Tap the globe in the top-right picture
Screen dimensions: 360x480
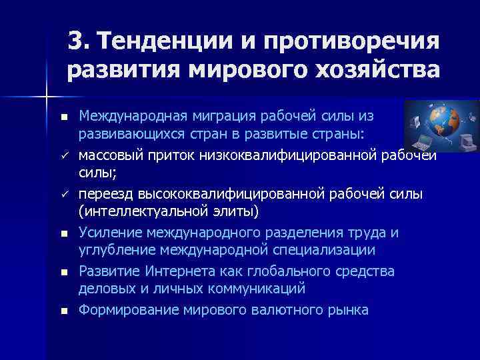[x=437, y=126]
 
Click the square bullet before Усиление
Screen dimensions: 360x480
[x=63, y=234]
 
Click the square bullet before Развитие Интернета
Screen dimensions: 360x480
[x=63, y=273]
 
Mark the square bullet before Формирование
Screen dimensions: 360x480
[x=63, y=311]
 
